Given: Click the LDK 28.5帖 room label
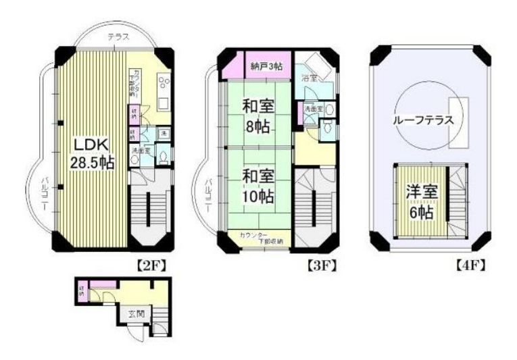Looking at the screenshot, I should (93, 153).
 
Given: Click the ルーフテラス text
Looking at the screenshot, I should (424, 122).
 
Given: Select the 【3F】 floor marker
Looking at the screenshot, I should (322, 265).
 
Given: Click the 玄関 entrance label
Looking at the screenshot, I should (135, 313).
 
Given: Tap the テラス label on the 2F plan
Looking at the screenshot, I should (118, 38).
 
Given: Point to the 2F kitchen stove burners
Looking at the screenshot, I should (164, 84).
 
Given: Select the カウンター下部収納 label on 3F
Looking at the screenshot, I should (264, 238).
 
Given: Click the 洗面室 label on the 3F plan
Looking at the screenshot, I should (312, 107).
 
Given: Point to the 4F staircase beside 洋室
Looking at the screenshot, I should (459, 199).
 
